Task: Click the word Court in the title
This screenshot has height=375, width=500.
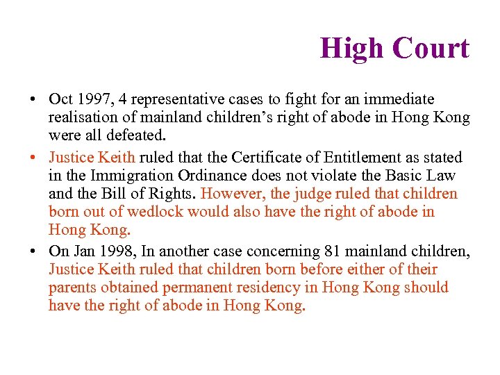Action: point(431,48)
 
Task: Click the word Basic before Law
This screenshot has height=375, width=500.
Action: point(407,175)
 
